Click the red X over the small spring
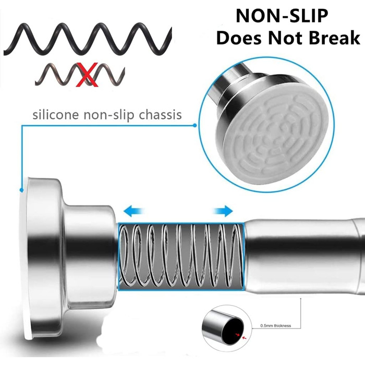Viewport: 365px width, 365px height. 88,75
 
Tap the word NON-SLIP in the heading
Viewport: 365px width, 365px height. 282,16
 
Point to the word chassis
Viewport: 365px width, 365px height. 160,115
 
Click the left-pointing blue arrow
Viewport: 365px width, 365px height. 134,211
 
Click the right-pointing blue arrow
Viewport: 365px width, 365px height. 223,211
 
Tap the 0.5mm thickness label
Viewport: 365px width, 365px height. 276,326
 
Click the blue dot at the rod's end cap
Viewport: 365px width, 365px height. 21,190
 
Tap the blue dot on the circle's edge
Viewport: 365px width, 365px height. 195,126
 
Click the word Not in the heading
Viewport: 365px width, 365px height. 285,38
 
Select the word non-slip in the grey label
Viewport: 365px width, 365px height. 109,115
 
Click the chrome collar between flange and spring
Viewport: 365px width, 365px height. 91,256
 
